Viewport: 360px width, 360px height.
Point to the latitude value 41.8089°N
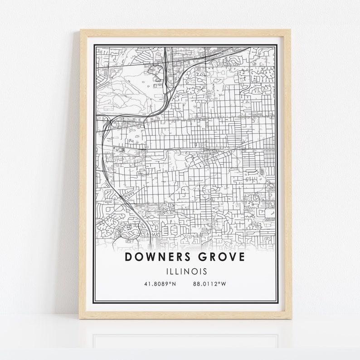[x=160, y=284]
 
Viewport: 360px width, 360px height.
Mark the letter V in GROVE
[x=231, y=258]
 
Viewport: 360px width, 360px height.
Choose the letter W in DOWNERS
[x=150, y=258]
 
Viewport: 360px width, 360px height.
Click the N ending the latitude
[x=174, y=284]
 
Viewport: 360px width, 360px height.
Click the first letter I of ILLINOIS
[x=166, y=272]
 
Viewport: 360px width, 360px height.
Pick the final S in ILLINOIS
[x=205, y=272]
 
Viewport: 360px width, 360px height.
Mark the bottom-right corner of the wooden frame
[x=291, y=318]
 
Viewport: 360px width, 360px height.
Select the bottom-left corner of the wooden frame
[x=81, y=318]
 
